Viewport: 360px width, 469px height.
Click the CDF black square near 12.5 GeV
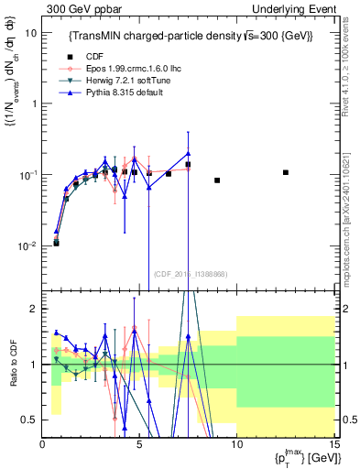(x=286, y=172)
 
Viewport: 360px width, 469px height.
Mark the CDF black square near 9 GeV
(x=217, y=180)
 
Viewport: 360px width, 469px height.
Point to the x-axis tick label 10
(x=236, y=444)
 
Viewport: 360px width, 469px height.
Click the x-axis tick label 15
(x=333, y=444)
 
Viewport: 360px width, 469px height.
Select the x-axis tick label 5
(x=139, y=444)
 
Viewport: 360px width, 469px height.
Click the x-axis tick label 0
(x=43, y=444)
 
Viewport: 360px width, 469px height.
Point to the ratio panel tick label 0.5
(x=30, y=420)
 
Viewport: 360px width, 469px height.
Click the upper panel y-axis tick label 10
(x=30, y=32)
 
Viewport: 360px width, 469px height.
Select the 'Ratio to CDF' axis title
(x=11, y=378)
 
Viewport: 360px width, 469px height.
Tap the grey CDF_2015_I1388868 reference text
(x=191, y=273)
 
